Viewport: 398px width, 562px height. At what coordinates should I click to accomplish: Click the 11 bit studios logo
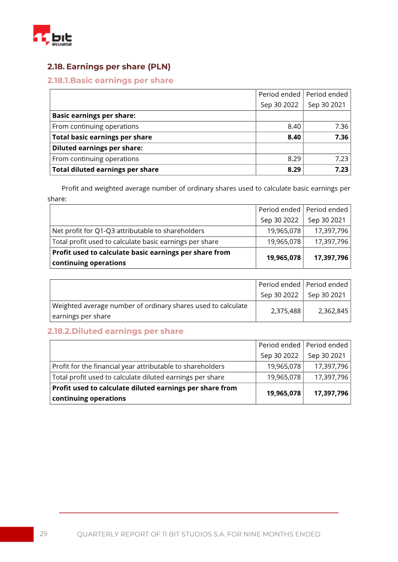pos(52,36)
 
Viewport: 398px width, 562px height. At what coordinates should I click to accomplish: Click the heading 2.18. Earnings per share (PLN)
pos(109,67)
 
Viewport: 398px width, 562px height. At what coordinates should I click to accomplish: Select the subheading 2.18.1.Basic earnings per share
pos(110,80)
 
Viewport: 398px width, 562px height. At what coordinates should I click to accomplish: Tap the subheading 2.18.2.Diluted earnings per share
pos(115,331)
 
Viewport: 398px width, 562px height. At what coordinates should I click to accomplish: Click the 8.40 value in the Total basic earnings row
pos(294,137)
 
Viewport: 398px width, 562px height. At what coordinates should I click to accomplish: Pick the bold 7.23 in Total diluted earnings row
pos(341,169)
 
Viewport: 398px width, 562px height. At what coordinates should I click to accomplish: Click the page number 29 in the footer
pos(43,534)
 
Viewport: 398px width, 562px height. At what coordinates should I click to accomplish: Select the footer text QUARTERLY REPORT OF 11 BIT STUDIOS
pos(199,534)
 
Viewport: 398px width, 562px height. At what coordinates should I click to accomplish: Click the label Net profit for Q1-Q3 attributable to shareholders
pos(128,231)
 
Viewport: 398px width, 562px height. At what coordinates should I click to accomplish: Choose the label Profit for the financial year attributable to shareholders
pos(138,366)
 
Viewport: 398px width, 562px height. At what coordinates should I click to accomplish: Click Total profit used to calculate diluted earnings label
pos(138,377)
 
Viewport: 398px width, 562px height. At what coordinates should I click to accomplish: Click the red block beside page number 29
pos(16,534)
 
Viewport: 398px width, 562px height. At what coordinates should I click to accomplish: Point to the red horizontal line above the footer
pos(199,512)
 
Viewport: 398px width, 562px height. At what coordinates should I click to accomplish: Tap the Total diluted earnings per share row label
pos(105,169)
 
